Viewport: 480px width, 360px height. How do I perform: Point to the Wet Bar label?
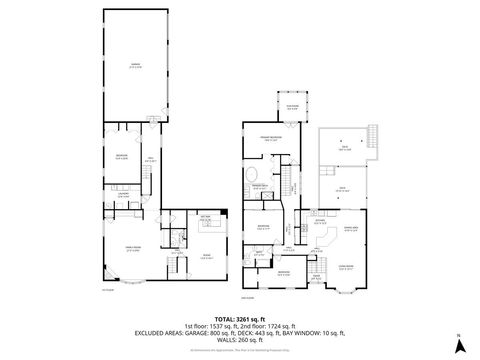click(210, 216)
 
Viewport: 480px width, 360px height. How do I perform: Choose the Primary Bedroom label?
click(270, 139)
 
